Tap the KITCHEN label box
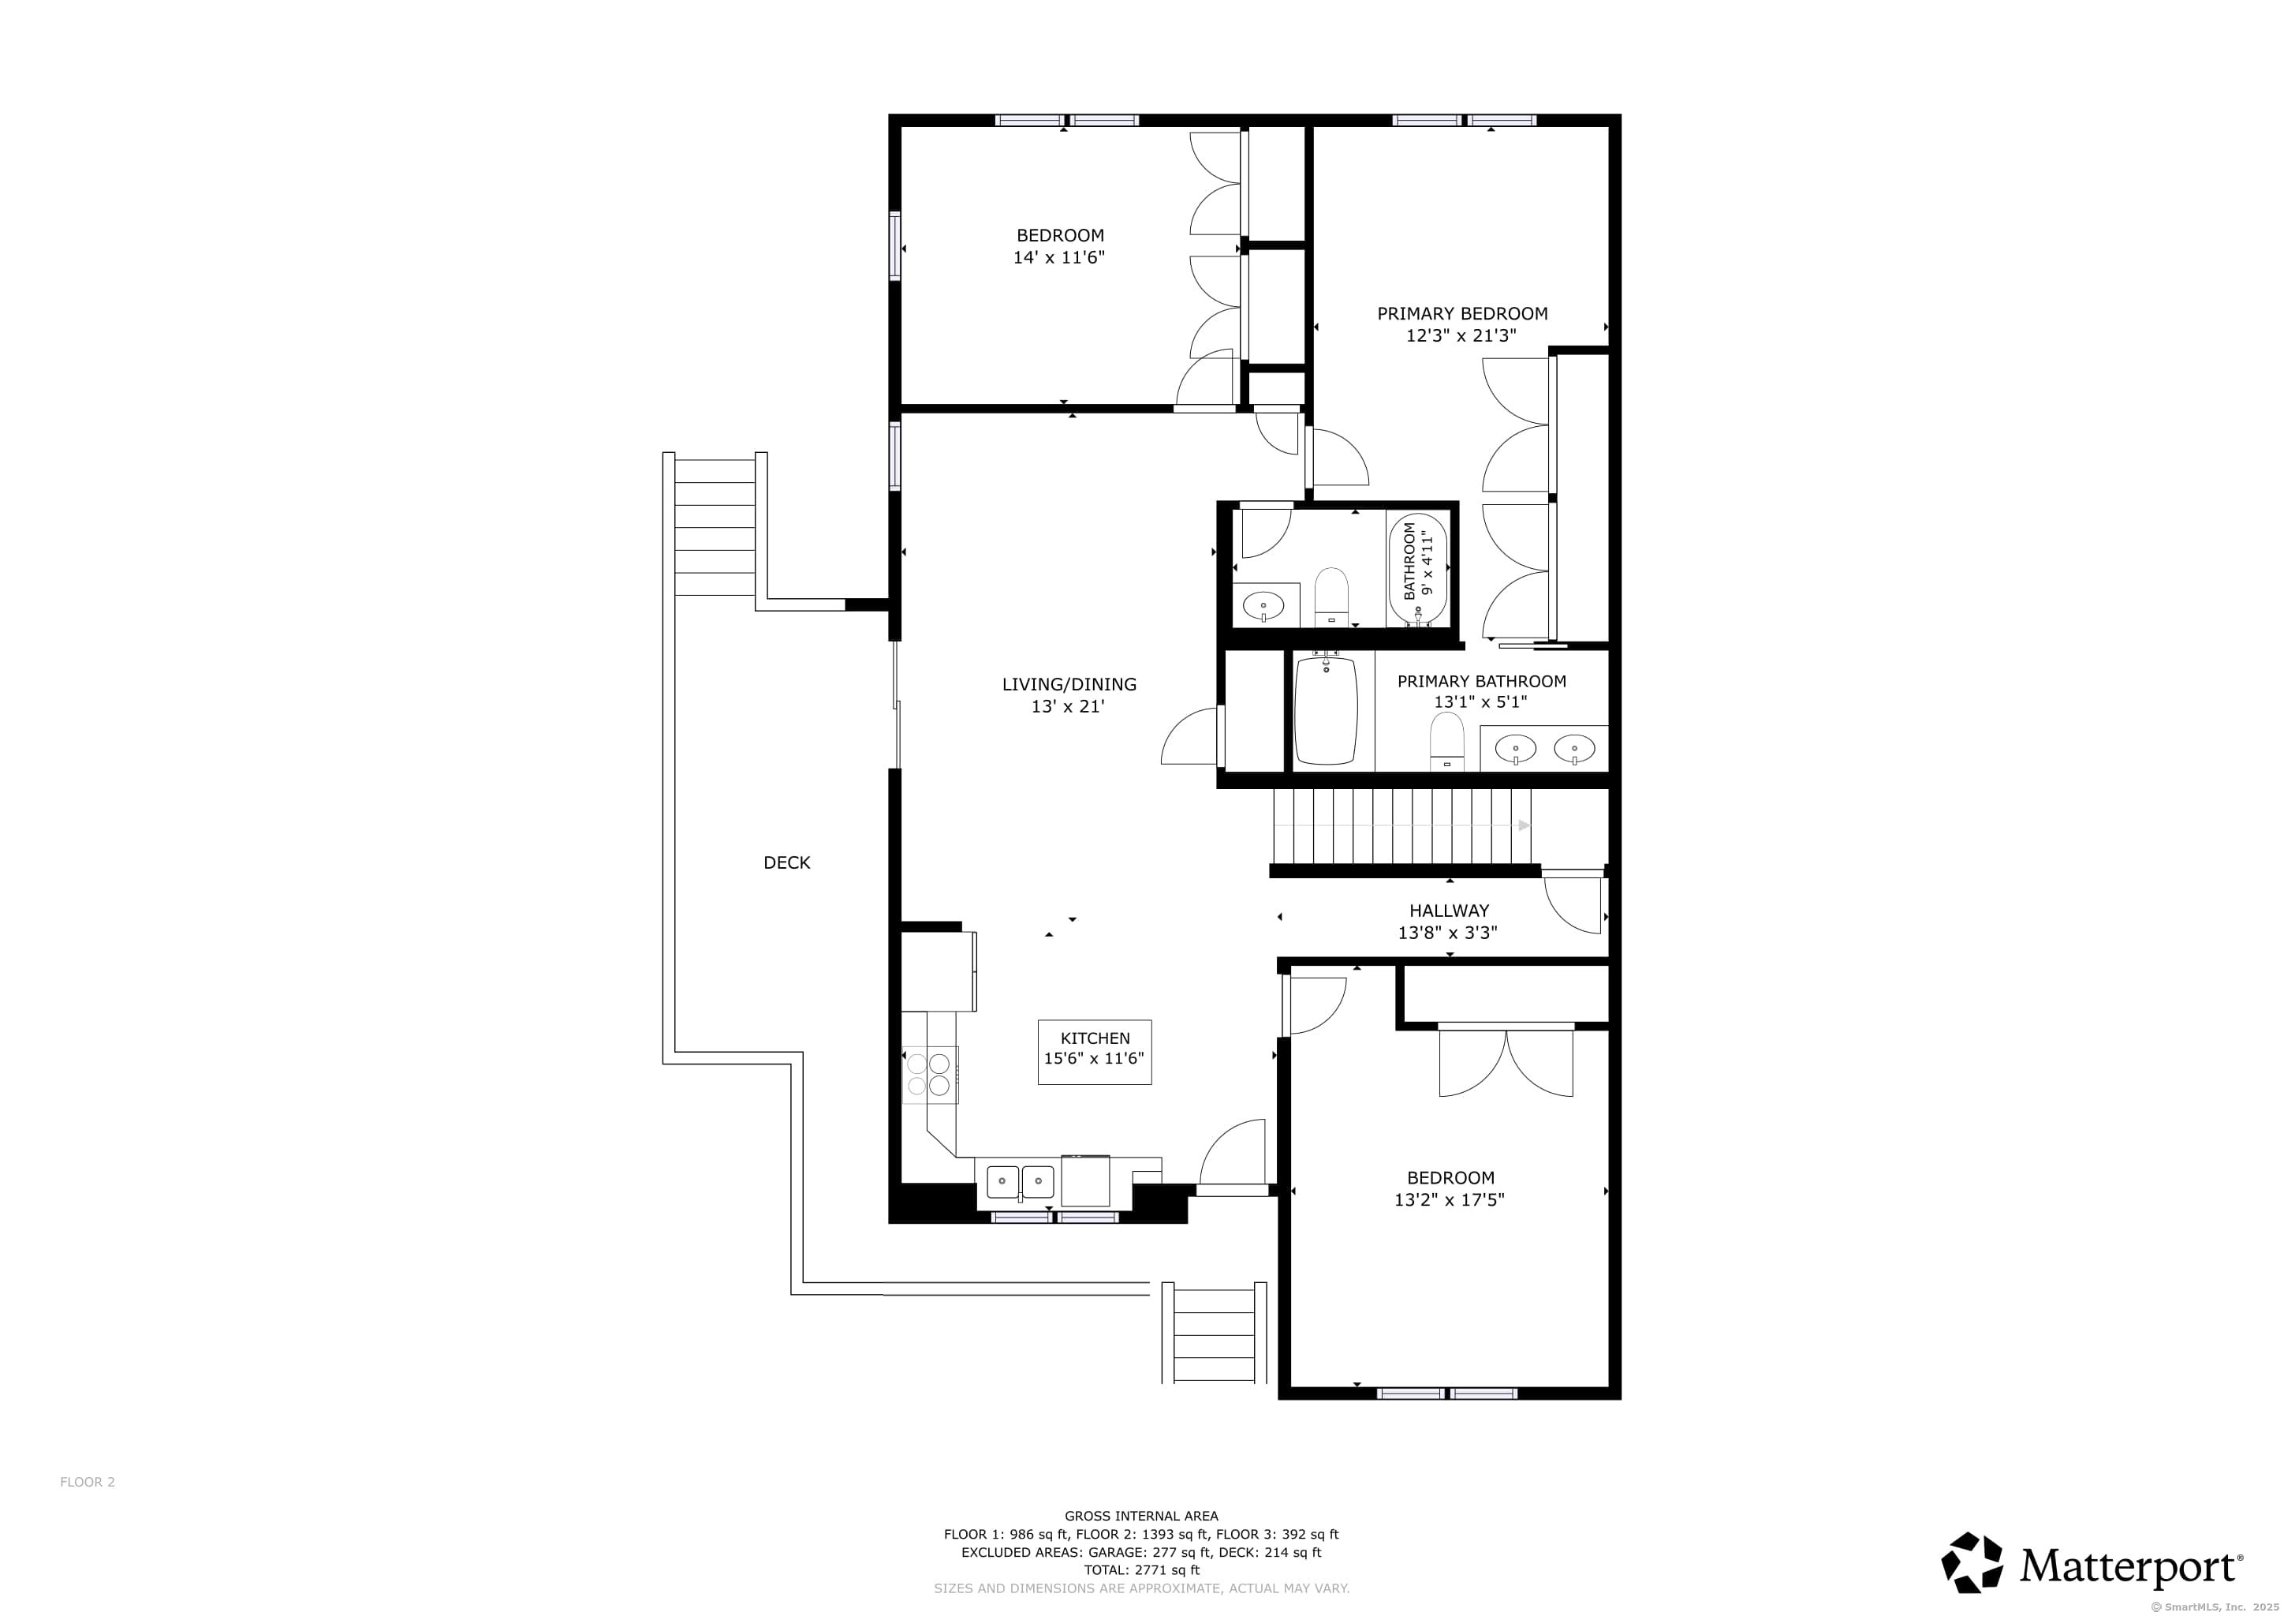[1094, 1052]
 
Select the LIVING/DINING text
[1069, 685]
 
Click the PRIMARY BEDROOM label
[1461, 313]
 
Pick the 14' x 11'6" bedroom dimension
[1058, 258]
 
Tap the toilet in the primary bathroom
[1446, 743]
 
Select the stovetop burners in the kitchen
[929, 1075]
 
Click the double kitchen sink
[1020, 1182]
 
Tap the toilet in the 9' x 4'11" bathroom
[1331, 597]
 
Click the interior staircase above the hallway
[1402, 826]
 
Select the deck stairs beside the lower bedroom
[1214, 1333]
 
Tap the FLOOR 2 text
[88, 1482]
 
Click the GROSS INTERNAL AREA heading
[1141, 1517]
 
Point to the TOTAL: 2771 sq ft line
[1141, 1570]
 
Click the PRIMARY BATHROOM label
[1481, 682]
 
